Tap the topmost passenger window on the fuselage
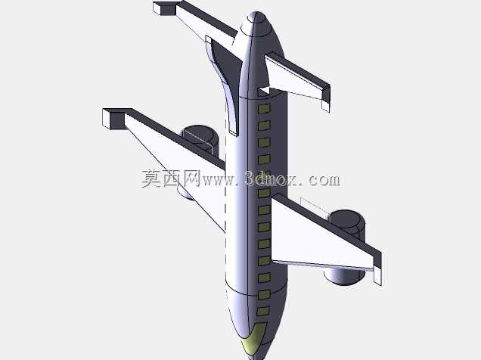(264, 108)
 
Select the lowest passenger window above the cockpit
(263, 311)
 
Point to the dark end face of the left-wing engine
(200, 135)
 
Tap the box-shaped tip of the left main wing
(113, 118)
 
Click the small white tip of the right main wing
(377, 275)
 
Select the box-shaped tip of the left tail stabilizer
(164, 8)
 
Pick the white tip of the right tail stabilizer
(325, 103)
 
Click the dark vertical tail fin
(225, 79)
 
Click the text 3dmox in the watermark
(270, 179)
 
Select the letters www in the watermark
(219, 181)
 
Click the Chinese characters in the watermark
(171, 178)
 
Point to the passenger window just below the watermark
(264, 193)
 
